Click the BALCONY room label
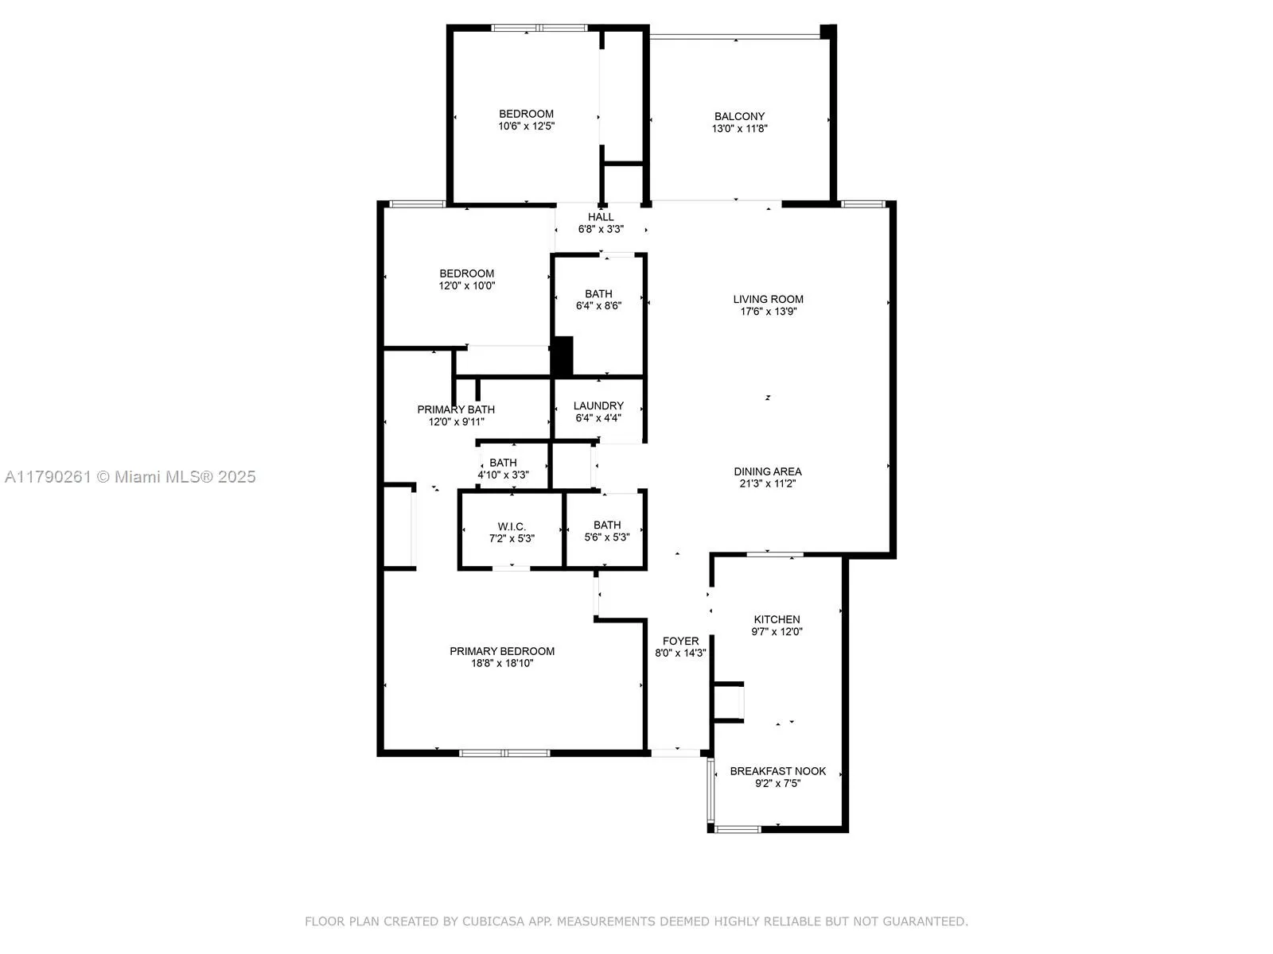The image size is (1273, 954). click(739, 116)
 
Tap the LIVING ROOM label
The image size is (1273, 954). click(768, 300)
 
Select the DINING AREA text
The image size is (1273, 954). click(768, 471)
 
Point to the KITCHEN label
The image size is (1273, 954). click(777, 619)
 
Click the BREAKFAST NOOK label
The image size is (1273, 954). click(777, 771)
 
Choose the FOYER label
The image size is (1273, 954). click(680, 641)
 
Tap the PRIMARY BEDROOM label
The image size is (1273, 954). click(502, 651)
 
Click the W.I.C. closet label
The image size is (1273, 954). click(512, 526)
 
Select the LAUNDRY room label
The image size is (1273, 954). click(598, 405)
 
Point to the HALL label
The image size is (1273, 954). click(601, 217)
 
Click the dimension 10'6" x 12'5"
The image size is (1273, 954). click(526, 126)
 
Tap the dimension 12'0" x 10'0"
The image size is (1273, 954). click(467, 285)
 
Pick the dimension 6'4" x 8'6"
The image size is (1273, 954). click(598, 305)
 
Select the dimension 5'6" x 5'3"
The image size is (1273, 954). click(607, 537)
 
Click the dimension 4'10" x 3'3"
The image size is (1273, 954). click(503, 475)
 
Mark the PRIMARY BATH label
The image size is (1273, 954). click(456, 409)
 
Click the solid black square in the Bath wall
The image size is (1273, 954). click(563, 355)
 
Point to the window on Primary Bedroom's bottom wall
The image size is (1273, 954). click(504, 752)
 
